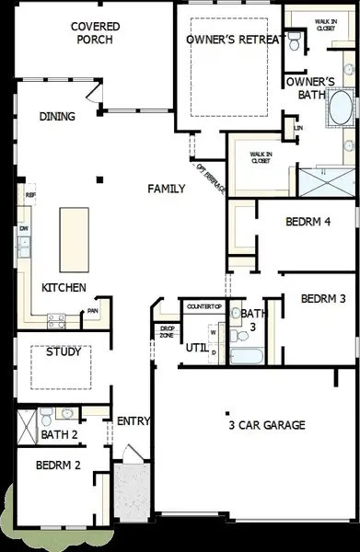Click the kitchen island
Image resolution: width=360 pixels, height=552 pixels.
(x=73, y=237)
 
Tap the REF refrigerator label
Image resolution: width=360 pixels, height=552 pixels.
(x=30, y=196)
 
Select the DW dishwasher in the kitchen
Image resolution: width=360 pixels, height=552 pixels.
(x=25, y=228)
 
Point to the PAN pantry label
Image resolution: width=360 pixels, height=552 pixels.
(x=93, y=311)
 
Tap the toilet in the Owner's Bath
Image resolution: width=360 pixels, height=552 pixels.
(x=295, y=40)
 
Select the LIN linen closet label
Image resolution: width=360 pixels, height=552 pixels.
(x=297, y=128)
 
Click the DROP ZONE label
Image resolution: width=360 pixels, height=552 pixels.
(x=168, y=331)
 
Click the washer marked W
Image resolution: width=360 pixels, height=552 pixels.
(x=213, y=333)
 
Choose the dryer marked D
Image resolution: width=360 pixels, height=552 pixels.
(x=214, y=351)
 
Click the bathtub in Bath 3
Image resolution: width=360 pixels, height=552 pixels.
(x=247, y=355)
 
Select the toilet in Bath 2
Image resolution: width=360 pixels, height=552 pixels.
(x=46, y=414)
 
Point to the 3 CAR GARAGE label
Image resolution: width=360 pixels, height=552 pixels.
(x=266, y=424)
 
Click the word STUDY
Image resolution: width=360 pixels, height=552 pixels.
(x=63, y=351)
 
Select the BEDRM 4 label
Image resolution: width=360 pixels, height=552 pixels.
(x=308, y=222)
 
